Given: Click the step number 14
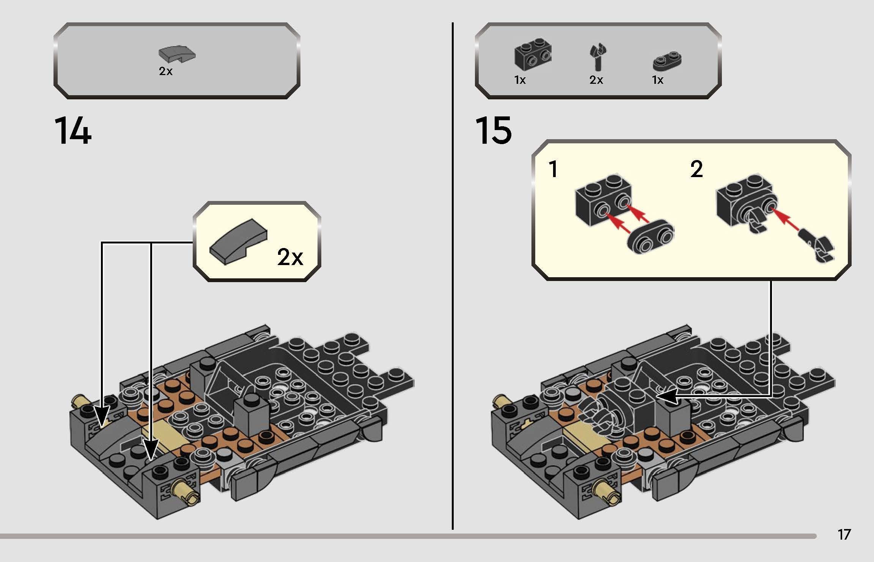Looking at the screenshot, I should click(x=73, y=131).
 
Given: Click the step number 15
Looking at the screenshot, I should click(x=493, y=131).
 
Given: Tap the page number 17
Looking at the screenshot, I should click(x=844, y=535).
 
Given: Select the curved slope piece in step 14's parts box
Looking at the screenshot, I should click(x=177, y=54).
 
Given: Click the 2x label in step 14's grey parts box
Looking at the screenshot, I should click(x=166, y=71).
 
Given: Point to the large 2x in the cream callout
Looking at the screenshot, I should click(x=290, y=257).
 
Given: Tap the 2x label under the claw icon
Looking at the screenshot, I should click(x=596, y=80).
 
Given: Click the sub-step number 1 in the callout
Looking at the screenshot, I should click(x=553, y=170).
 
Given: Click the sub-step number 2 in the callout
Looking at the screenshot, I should click(x=696, y=169).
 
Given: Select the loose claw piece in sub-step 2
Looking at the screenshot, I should click(x=817, y=248).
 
